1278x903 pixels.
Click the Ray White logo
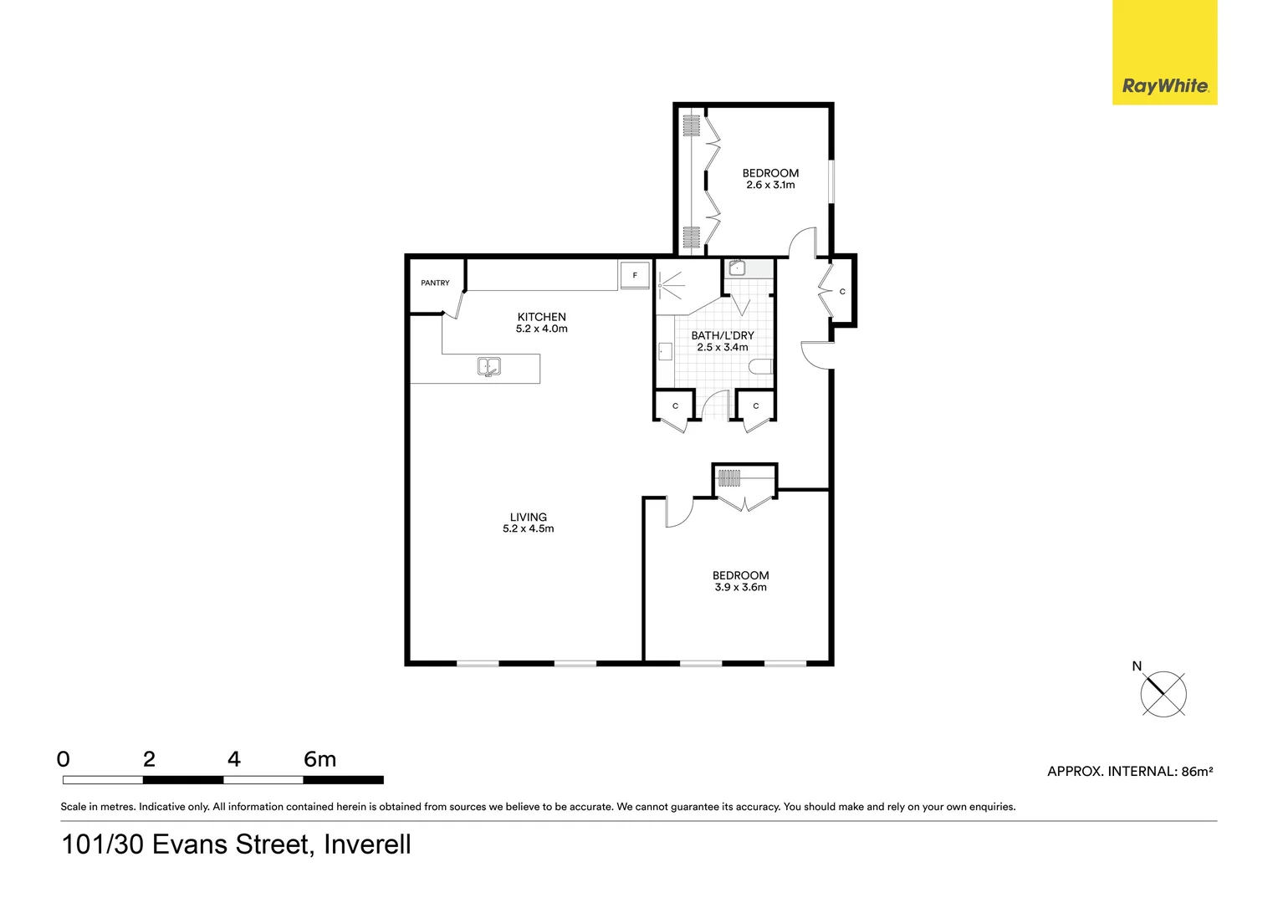[1164, 53]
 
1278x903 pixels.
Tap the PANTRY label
[435, 283]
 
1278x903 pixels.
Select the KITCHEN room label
[541, 317]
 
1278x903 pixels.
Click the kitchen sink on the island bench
[489, 366]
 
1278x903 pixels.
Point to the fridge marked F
[635, 275]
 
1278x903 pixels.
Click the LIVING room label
[528, 518]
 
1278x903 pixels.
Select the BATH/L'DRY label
[723, 335]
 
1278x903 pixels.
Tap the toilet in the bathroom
[761, 367]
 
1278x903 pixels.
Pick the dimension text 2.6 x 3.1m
[770, 186]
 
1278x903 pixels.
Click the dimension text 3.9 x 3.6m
[740, 588]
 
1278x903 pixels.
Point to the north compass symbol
[1163, 693]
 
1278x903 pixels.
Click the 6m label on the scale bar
[319, 759]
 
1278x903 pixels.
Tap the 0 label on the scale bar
[64, 759]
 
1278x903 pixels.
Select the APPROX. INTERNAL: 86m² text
[1130, 772]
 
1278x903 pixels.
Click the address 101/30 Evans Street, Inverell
[237, 844]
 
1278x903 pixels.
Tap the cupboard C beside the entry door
[841, 292]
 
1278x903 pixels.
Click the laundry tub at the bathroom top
[737, 268]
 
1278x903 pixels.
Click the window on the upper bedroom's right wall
[831, 181]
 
